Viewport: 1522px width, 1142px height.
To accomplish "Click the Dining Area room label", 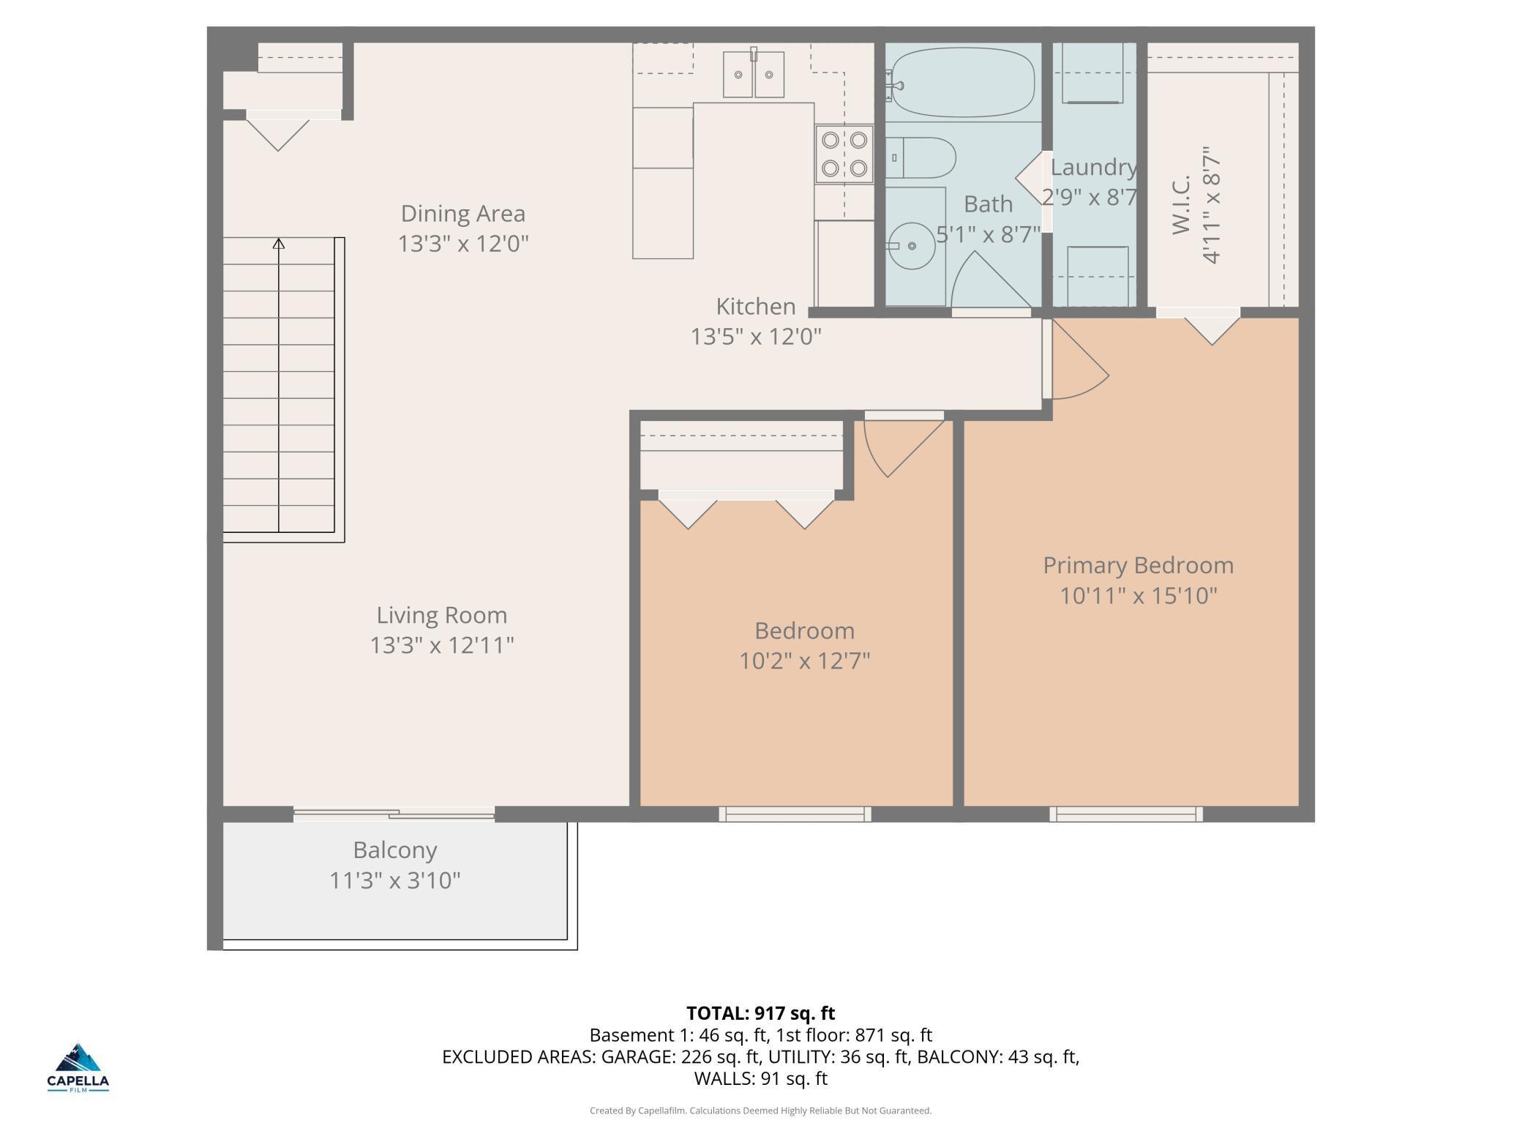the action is (463, 214).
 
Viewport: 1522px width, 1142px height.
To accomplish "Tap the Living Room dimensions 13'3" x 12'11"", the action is (442, 645).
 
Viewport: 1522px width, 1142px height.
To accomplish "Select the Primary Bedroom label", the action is (1138, 566).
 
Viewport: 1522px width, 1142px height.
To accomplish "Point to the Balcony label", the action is (395, 851).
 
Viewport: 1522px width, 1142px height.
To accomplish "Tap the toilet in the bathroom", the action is (921, 157).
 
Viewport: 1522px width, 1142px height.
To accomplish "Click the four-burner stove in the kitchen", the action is (844, 154).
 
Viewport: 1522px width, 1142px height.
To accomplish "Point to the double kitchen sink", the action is (754, 74).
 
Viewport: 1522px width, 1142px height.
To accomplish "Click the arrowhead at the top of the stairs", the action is (279, 243).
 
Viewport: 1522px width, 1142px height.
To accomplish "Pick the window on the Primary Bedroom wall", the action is (1126, 814).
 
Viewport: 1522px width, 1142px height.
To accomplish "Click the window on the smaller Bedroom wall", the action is (795, 814).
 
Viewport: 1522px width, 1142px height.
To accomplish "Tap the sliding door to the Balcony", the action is (394, 813).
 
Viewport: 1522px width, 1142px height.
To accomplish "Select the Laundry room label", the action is (1093, 168).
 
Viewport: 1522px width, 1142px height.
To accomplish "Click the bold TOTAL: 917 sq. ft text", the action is (761, 1013).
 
